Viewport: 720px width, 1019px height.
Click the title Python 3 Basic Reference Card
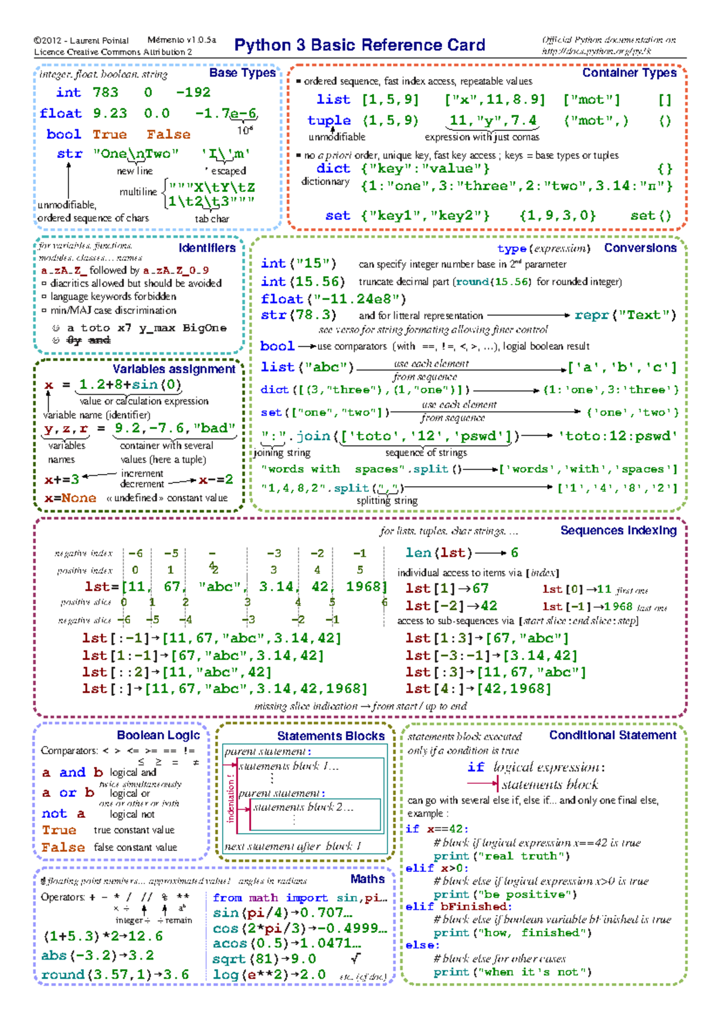359,45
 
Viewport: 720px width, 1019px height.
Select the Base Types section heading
242,73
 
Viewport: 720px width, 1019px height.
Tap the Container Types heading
629,73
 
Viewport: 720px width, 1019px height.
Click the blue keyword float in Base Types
61,113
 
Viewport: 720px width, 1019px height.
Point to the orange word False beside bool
169,134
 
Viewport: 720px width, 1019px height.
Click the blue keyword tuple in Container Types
329,121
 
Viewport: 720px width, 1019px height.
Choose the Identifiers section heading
207,248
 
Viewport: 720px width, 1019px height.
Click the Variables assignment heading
174,369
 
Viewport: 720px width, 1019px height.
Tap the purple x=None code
70,498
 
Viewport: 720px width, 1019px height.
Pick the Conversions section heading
640,248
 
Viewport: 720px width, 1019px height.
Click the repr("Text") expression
625,315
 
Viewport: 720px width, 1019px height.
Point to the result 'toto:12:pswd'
617,436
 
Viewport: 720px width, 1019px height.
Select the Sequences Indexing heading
618,531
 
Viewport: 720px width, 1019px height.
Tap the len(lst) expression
439,552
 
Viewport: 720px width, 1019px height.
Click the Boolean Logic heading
158,735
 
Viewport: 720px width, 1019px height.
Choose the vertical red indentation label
231,798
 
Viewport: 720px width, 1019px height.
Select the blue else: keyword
422,945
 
